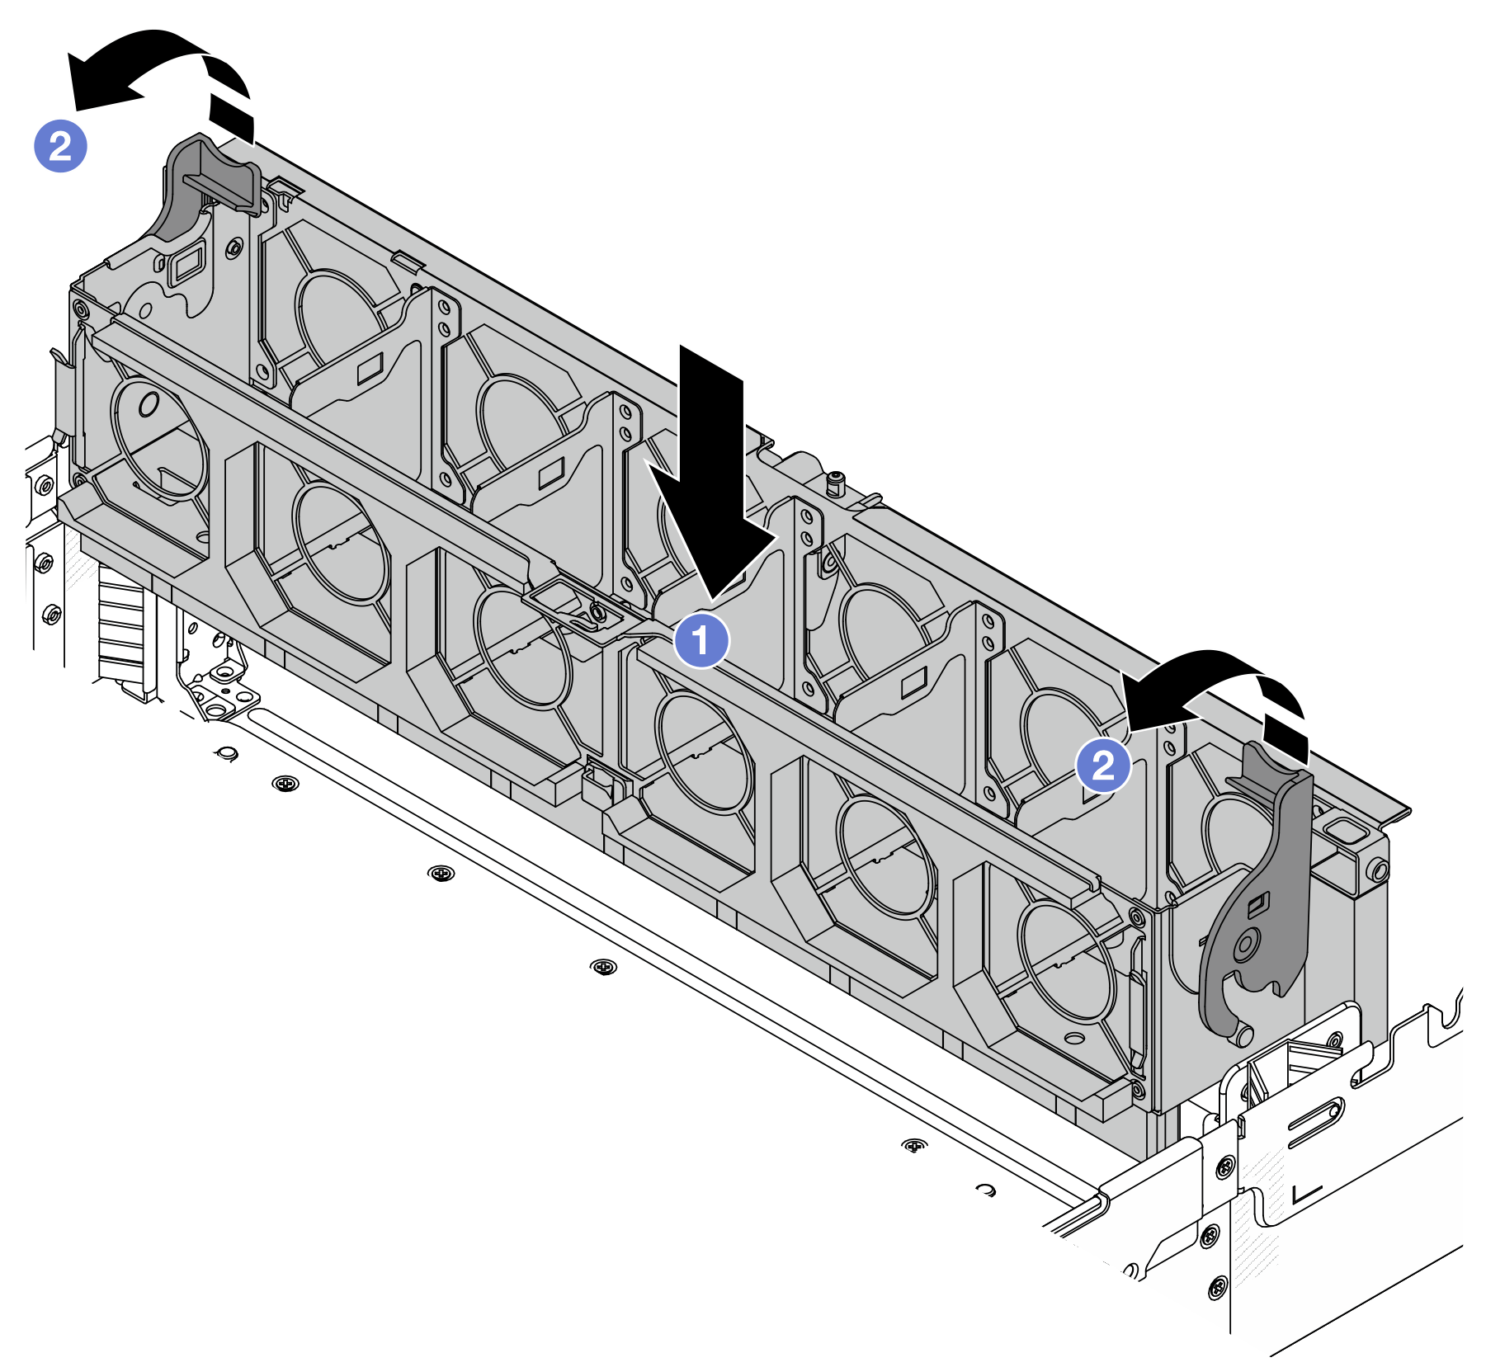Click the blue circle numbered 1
tap(701, 640)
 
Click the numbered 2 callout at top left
tap(60, 147)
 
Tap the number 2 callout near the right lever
tap(1103, 766)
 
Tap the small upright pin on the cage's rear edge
tap(837, 482)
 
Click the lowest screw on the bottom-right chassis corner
tap(1216, 1287)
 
